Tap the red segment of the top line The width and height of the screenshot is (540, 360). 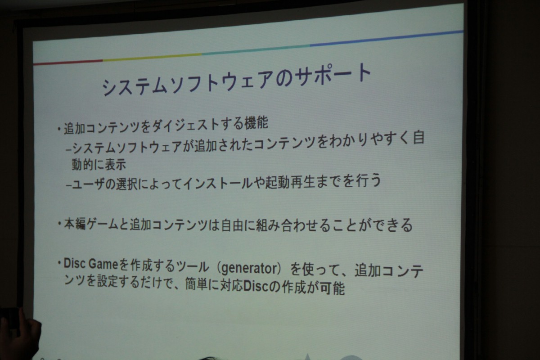pos(68,62)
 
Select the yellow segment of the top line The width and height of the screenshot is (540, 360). pos(152,57)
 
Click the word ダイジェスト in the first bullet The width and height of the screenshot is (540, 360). pos(185,125)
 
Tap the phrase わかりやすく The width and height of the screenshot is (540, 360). pos(369,139)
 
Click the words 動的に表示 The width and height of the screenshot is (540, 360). pos(99,165)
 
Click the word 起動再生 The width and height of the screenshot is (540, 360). pos(289,182)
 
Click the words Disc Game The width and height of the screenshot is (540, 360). pos(90,264)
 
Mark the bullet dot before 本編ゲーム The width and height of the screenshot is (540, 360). pos(59,224)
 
